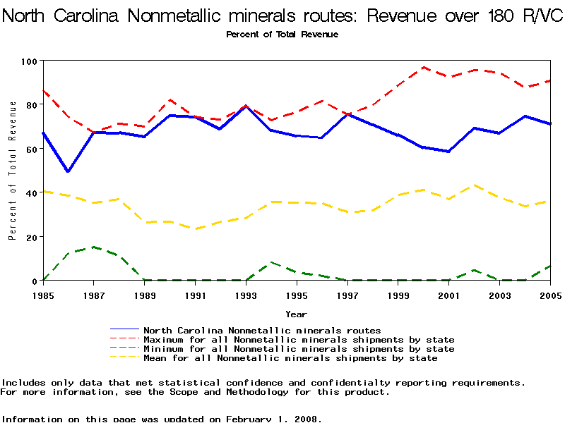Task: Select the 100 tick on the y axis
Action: pos(28,61)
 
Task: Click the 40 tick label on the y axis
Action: pos(31,192)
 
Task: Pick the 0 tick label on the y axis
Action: pos(34,281)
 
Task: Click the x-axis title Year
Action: pos(296,314)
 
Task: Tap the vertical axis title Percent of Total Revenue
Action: pos(12,170)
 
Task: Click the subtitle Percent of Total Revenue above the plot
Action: pos(282,35)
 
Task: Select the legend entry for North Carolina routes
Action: pos(262,330)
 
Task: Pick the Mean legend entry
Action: pos(290,358)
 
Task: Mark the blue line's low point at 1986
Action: pos(69,171)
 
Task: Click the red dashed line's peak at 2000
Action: pos(423,68)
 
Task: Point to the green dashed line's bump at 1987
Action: pos(94,247)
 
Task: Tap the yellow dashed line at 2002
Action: pos(474,185)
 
